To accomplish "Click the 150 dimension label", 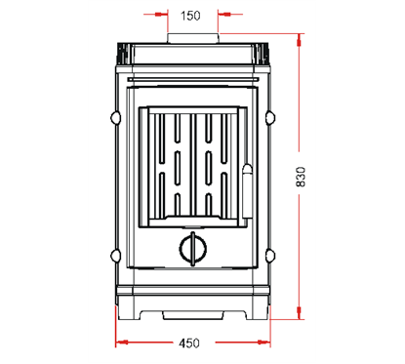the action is pyautogui.click(x=190, y=16).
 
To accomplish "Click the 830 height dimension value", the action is pyautogui.click(x=301, y=177).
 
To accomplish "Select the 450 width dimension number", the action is pyautogui.click(x=189, y=343).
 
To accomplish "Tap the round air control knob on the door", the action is pyautogui.click(x=193, y=249).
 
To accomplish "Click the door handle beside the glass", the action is pyautogui.click(x=248, y=191).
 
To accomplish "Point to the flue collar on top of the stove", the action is pyautogui.click(x=193, y=38).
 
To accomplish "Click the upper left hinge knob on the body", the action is pyautogui.click(x=115, y=118).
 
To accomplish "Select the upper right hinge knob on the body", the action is pyautogui.click(x=270, y=118).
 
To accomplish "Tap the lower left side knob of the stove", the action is pyautogui.click(x=115, y=256).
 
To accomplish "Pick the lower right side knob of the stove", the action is pyautogui.click(x=270, y=256).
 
